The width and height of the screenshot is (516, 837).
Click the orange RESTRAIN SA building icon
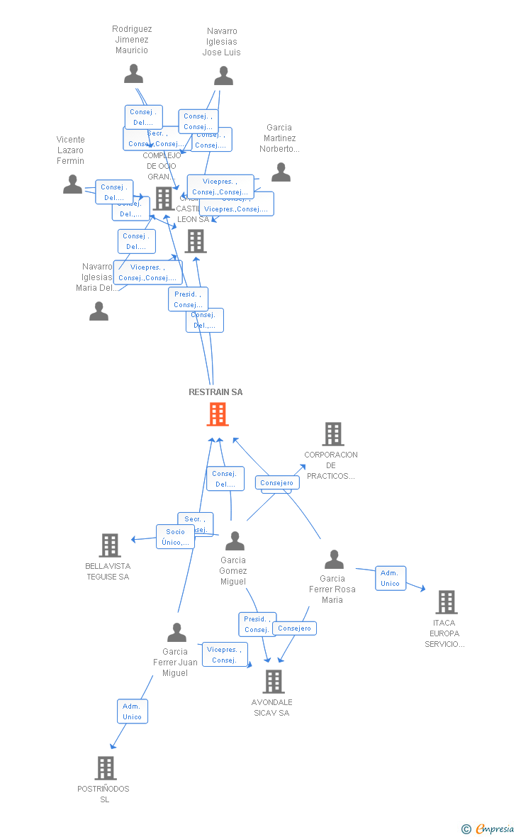pyautogui.click(x=218, y=414)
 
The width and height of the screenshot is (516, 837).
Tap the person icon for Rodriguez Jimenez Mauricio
pyautogui.click(x=133, y=74)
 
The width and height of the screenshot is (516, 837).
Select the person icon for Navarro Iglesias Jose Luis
pyautogui.click(x=223, y=75)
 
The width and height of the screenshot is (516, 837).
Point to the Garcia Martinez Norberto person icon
pyautogui.click(x=281, y=172)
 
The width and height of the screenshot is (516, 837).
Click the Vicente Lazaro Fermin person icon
pyautogui.click(x=72, y=184)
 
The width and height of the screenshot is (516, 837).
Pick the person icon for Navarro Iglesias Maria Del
pyautogui.click(x=99, y=311)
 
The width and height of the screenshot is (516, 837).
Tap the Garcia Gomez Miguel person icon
pyautogui.click(x=235, y=541)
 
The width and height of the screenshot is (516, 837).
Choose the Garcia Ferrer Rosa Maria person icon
pyautogui.click(x=333, y=560)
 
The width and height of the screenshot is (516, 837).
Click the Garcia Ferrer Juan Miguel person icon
pyautogui.click(x=176, y=632)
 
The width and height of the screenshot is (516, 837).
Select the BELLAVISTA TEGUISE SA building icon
pyautogui.click(x=109, y=545)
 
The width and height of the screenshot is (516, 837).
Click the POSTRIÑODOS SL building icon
pyautogui.click(x=105, y=768)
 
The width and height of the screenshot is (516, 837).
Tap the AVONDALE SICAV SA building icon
pyautogui.click(x=273, y=682)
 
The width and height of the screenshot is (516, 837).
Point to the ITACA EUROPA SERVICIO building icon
pyautogui.click(x=446, y=602)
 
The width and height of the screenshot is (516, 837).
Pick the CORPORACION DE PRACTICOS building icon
pyautogui.click(x=332, y=434)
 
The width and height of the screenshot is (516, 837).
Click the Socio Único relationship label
pyautogui.click(x=175, y=537)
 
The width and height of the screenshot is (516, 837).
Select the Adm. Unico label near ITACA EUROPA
pyautogui.click(x=391, y=578)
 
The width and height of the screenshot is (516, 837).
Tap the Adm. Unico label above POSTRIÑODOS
pyautogui.click(x=133, y=711)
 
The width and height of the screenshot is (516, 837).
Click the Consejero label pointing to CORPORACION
pyautogui.click(x=277, y=483)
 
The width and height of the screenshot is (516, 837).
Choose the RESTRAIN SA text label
pyautogui.click(x=215, y=392)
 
